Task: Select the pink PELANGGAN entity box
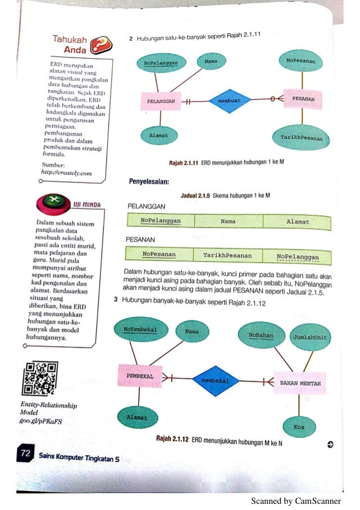click(161, 101)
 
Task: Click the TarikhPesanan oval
click(297, 137)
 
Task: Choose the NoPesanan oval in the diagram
click(300, 60)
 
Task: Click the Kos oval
click(298, 426)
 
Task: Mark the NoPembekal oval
click(139, 329)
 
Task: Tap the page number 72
click(25, 454)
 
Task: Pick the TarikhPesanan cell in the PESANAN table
click(227, 255)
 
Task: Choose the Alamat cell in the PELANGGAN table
click(298, 222)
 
